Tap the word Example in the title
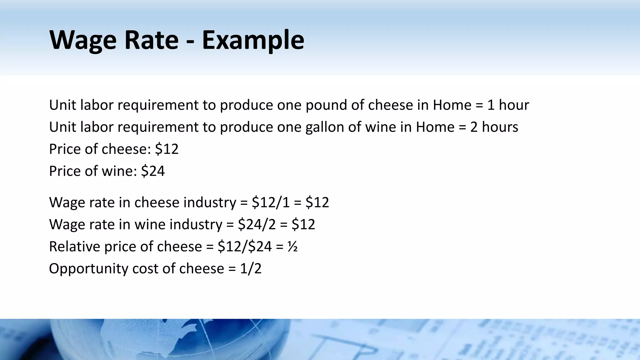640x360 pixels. (x=253, y=40)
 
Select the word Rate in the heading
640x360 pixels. (x=151, y=40)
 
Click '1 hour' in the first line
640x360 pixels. (x=508, y=105)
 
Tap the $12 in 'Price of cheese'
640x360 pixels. (x=167, y=149)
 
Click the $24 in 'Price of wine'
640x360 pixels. (x=153, y=171)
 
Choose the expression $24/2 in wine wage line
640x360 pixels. (x=257, y=225)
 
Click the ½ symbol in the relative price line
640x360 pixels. (x=292, y=247)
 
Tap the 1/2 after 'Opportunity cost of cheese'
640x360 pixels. (x=251, y=269)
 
